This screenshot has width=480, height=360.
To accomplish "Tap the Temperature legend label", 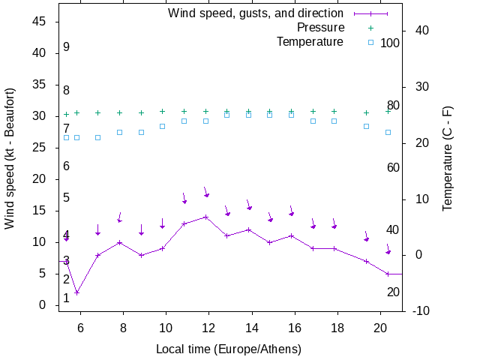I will click(x=310, y=41).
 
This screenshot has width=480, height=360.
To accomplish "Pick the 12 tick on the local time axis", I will click(x=209, y=327).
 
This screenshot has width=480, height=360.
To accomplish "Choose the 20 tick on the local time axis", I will click(x=381, y=327).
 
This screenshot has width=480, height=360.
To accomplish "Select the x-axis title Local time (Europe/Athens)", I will click(x=229, y=349).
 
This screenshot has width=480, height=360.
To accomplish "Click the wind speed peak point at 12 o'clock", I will click(x=205, y=217).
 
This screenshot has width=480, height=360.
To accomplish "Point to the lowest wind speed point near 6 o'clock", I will click(x=76, y=292).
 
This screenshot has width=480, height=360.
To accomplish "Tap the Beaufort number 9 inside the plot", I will click(x=66, y=47).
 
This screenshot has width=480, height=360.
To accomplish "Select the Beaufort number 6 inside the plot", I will click(x=66, y=166).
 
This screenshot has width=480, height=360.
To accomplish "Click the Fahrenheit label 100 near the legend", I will click(x=390, y=43).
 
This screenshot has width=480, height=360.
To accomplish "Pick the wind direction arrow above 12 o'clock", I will click(x=205, y=193).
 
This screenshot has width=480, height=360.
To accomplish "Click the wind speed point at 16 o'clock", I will click(x=292, y=235).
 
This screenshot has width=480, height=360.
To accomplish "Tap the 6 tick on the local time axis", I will click(x=80, y=327).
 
